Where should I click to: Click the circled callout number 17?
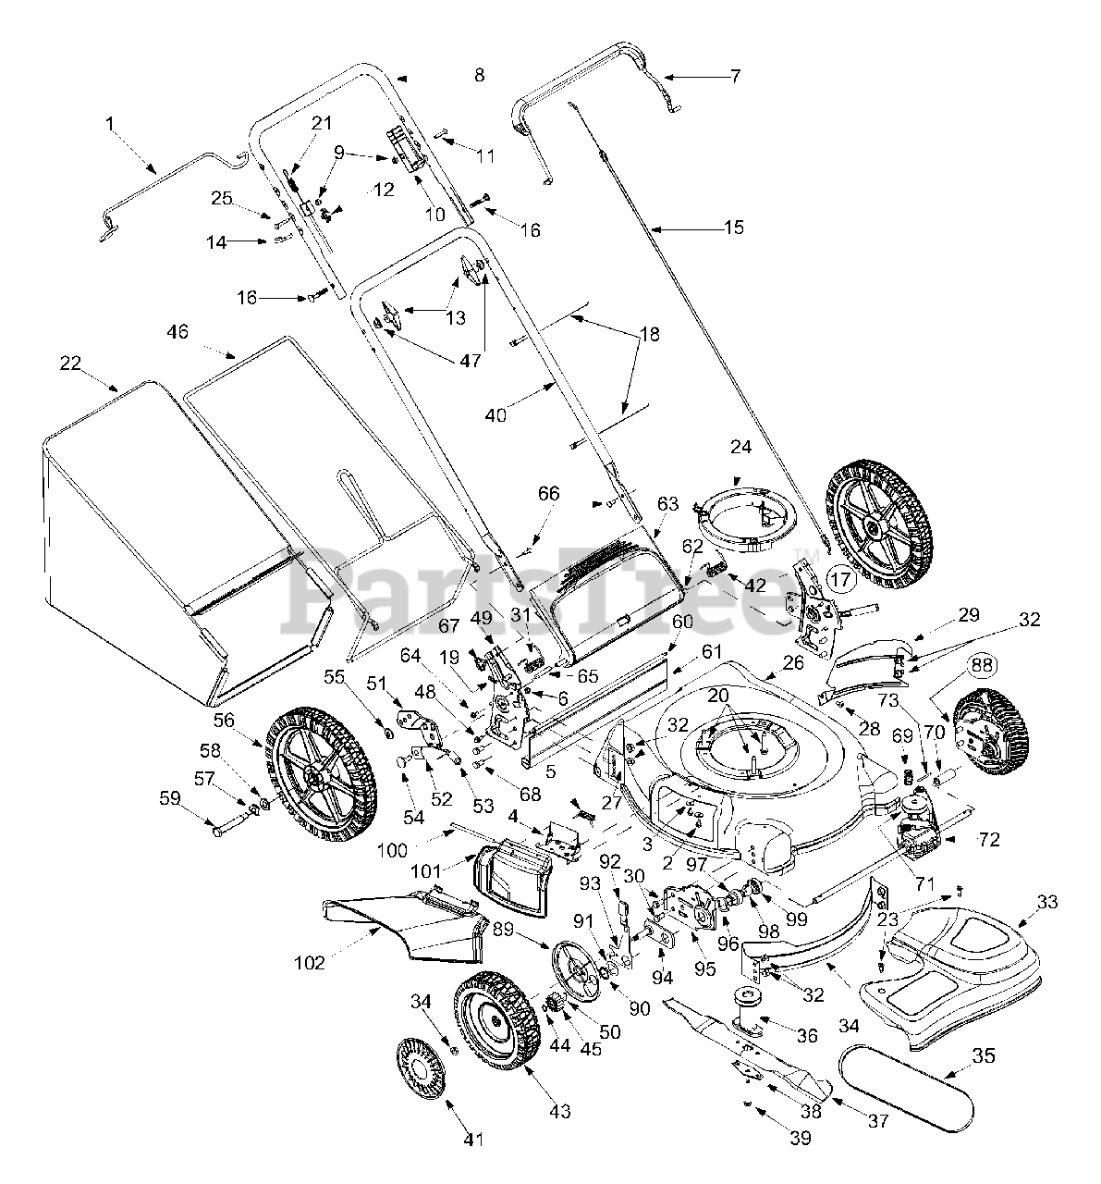[841, 578]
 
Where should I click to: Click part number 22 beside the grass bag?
[70, 363]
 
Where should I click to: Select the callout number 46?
[177, 331]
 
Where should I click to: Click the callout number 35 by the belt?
[984, 1055]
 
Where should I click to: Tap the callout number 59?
[170, 797]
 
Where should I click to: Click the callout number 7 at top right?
[735, 76]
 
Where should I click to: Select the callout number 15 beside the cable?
[734, 228]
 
